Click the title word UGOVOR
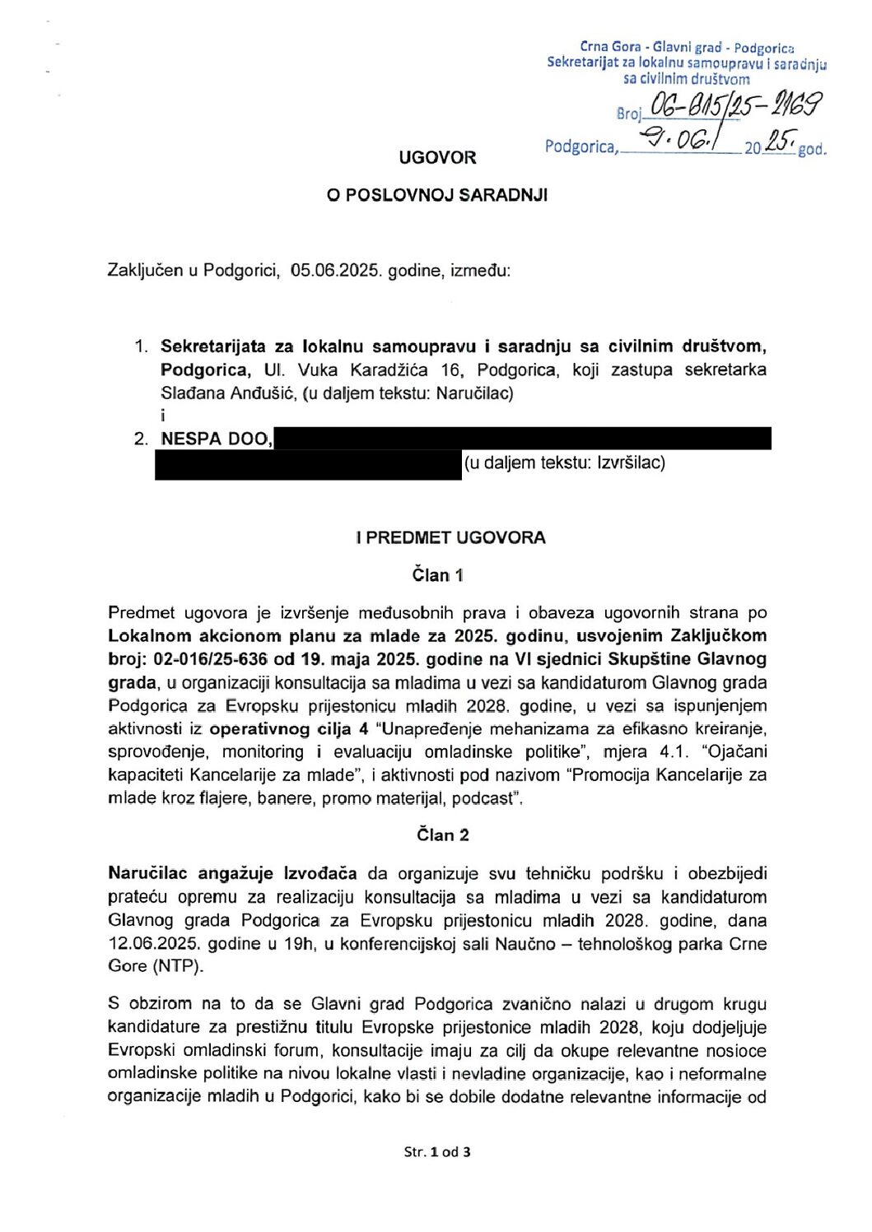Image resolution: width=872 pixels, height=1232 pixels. pyautogui.click(x=437, y=157)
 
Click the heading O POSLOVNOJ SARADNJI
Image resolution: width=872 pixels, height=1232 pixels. pyautogui.click(x=437, y=195)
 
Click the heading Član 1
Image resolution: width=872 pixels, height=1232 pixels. pyautogui.click(x=437, y=574)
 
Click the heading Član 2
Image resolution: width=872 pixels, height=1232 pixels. pyautogui.click(x=442, y=835)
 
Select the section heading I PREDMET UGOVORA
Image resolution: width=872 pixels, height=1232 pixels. pyautogui.click(x=450, y=537)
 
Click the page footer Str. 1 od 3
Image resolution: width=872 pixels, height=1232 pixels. pyautogui.click(x=437, y=1151)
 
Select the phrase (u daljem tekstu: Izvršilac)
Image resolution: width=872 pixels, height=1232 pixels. pyautogui.click(x=564, y=463)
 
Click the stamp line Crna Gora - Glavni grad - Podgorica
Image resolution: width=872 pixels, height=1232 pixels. pyautogui.click(x=687, y=48)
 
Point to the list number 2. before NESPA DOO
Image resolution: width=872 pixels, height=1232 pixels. pyautogui.click(x=141, y=439)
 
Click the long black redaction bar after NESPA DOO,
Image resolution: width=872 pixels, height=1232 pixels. pyautogui.click(x=522, y=439)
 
